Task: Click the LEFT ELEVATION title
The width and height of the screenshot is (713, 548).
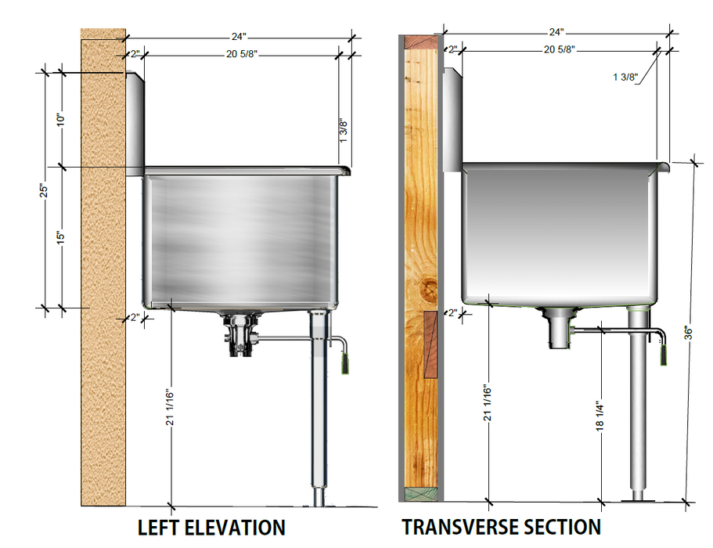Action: pos(211,527)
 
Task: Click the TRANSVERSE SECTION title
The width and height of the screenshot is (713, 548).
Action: pos(502,527)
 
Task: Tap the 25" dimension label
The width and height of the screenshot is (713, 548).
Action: pos(46,190)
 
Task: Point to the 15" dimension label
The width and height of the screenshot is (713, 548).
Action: pos(61,236)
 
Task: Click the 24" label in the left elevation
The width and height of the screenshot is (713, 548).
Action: pos(238,35)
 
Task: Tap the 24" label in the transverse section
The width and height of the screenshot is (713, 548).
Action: pos(556,32)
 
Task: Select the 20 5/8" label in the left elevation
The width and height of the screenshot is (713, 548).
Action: pos(241,54)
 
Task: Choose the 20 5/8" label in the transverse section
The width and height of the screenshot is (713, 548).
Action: pos(559,49)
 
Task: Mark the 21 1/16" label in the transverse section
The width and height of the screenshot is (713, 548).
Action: pos(487,404)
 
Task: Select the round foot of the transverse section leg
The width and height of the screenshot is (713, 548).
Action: pos(639,496)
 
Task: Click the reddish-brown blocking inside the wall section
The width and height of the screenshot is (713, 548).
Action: pos(430,344)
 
